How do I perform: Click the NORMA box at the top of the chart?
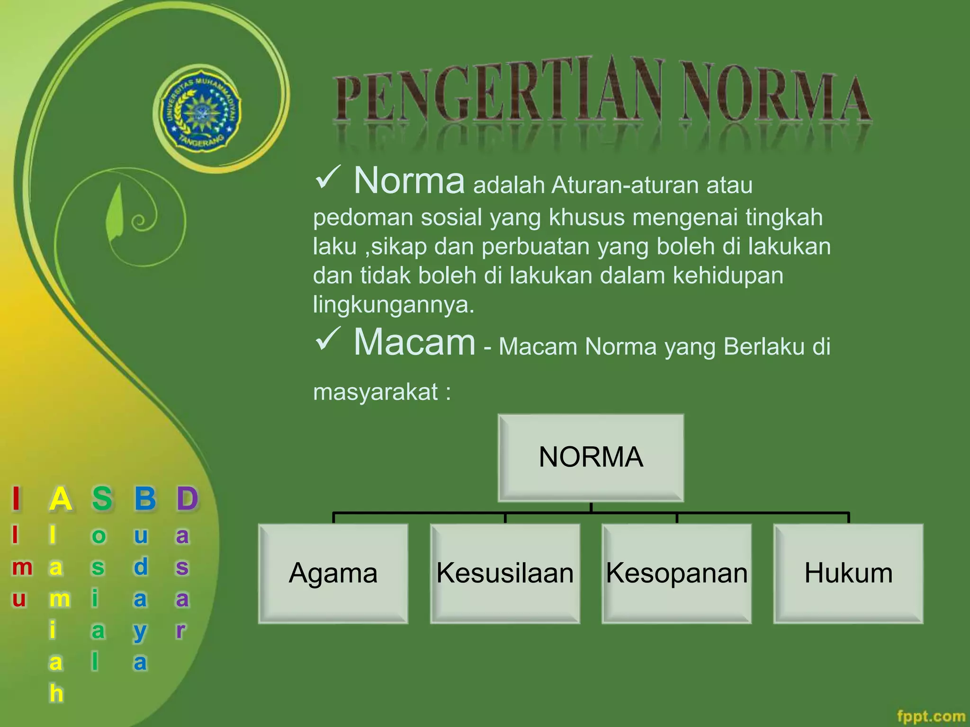tap(591, 457)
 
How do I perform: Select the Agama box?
tap(333, 573)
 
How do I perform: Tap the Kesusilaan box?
tap(505, 573)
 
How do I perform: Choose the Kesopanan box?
tap(676, 573)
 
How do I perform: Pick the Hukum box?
tap(848, 573)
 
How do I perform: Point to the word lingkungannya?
tap(393, 304)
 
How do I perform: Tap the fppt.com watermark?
tap(931, 716)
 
